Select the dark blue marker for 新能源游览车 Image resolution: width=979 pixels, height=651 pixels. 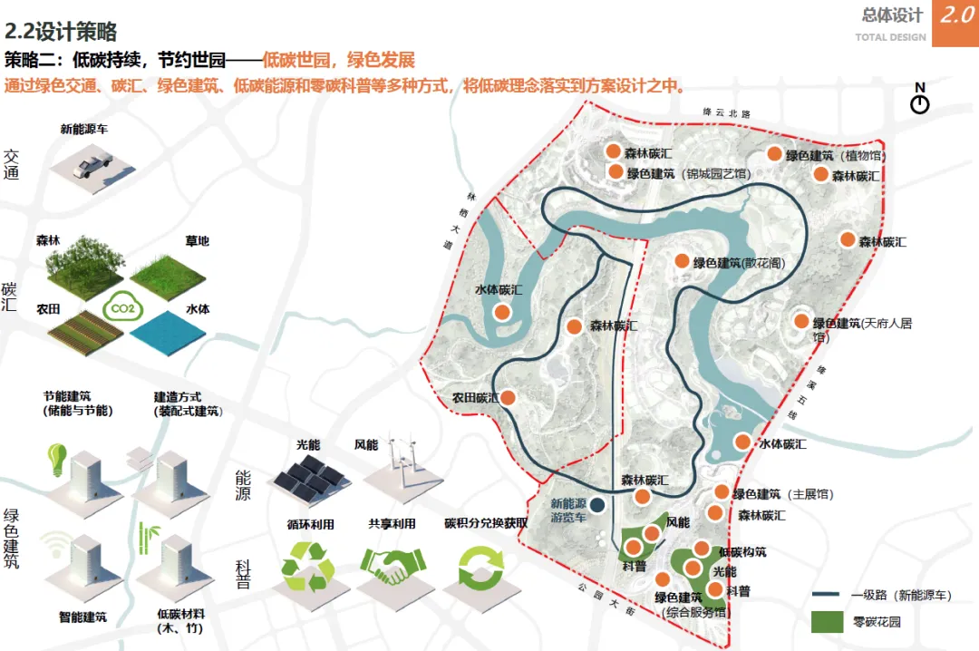[x=597, y=505]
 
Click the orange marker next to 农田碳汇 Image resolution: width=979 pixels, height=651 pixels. [x=509, y=397]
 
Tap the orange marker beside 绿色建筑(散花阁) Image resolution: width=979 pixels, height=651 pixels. [x=683, y=261]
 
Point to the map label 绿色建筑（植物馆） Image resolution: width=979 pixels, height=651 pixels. [x=835, y=156]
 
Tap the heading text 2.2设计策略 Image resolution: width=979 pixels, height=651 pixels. [x=61, y=33]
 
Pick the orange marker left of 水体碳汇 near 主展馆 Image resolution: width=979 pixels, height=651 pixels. [x=742, y=442]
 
